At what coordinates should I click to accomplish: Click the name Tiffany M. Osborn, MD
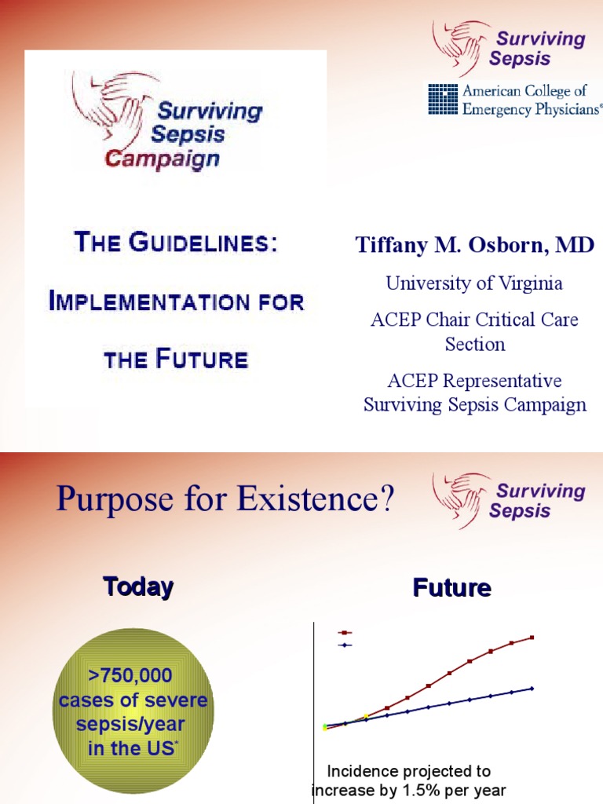point(475,246)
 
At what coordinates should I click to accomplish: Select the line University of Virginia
point(474,283)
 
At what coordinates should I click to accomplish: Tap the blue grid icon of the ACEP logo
point(442,99)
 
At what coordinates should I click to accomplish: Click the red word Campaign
point(163,159)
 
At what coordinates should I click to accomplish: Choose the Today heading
point(138,587)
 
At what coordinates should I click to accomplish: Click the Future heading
point(452,588)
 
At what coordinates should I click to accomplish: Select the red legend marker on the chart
point(344,632)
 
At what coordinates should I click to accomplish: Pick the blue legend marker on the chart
point(344,645)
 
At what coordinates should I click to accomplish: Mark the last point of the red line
point(532,638)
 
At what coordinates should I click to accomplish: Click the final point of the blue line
point(532,689)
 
